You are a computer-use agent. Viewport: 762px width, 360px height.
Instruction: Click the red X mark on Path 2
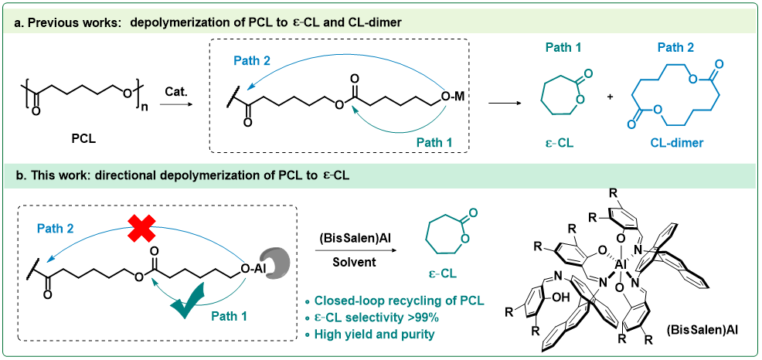coord(141,228)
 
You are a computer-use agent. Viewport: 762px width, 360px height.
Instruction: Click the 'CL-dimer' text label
coord(676,143)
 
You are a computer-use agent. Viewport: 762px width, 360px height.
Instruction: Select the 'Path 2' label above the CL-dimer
coord(675,48)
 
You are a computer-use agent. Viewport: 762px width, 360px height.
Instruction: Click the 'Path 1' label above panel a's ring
coord(563,48)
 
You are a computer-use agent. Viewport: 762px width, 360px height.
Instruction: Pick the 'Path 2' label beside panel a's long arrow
coord(252,60)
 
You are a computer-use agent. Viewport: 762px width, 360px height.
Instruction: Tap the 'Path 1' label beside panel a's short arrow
coord(434,142)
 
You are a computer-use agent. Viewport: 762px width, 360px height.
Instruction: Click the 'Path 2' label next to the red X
coord(56,228)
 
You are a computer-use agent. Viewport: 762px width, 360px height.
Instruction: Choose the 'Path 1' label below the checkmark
coord(230,316)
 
